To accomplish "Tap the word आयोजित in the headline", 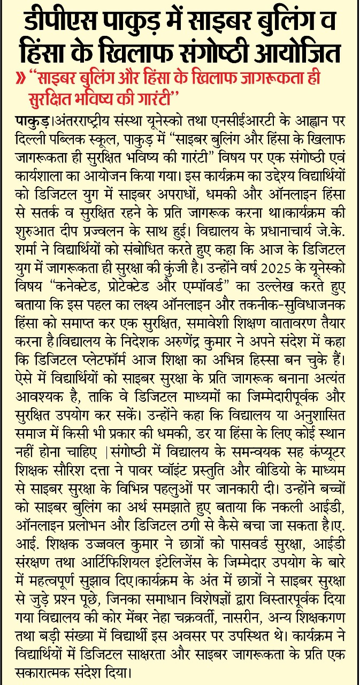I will pos(303,55).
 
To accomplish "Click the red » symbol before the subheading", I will pos(23,79).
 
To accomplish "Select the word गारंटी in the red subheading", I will pos(158,98).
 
